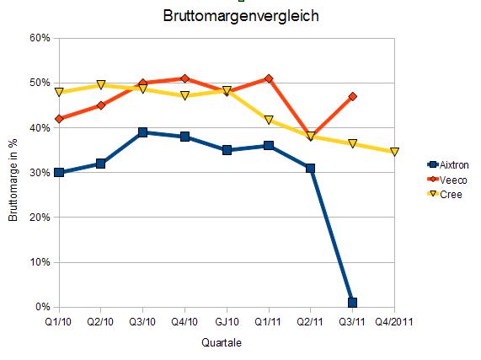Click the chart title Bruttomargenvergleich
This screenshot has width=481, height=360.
(x=240, y=16)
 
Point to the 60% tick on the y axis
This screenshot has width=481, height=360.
(x=40, y=38)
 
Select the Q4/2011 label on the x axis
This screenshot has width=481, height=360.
(x=394, y=321)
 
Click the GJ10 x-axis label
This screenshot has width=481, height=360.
(x=227, y=321)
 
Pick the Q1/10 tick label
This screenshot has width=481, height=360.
(x=59, y=321)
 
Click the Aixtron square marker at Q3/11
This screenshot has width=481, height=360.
(x=352, y=302)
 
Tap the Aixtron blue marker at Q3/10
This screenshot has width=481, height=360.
(x=143, y=132)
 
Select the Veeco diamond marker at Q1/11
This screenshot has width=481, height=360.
(x=269, y=78)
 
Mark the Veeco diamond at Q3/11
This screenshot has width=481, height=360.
(x=352, y=97)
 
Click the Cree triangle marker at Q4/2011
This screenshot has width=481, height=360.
(x=394, y=153)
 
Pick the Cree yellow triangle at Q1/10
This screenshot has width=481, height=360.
(x=59, y=93)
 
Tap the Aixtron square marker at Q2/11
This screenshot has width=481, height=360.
(x=311, y=168)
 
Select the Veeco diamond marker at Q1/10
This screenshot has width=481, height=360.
(x=59, y=119)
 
